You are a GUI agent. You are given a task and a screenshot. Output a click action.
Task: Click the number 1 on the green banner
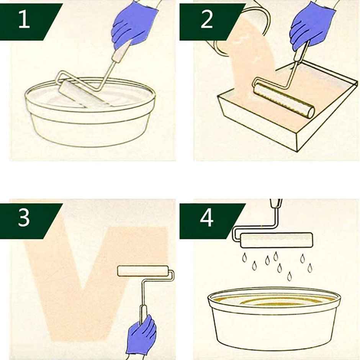click(24, 20)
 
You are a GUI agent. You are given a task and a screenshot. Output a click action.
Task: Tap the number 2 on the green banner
click(207, 20)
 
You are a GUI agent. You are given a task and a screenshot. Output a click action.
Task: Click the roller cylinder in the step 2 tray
click(283, 101)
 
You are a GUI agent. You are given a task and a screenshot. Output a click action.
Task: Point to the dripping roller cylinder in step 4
click(277, 240)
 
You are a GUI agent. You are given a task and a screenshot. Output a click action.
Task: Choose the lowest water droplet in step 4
click(290, 276)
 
